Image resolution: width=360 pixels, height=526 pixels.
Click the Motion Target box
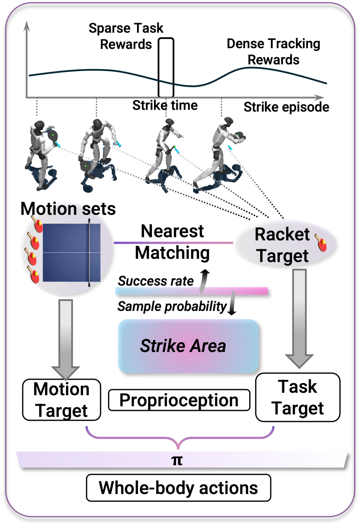point(62,400)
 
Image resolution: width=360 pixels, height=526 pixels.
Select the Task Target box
point(298,397)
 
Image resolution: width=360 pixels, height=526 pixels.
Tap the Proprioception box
point(179,400)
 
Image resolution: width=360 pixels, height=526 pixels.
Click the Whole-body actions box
point(178,488)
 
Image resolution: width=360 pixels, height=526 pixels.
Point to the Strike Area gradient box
point(188,346)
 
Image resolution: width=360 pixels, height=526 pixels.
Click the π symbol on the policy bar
point(177,461)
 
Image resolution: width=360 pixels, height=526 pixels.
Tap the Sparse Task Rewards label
point(126,36)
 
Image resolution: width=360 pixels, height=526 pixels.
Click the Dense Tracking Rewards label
point(273,52)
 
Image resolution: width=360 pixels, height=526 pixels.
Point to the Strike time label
point(165,105)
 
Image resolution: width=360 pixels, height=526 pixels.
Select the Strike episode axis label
point(286,107)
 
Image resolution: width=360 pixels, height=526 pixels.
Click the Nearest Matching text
point(172,242)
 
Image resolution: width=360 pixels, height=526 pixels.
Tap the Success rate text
point(156,281)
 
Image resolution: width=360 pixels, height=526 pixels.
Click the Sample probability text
point(172,307)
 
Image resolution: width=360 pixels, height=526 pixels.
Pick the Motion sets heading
point(68,209)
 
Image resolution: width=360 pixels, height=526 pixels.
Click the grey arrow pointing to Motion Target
point(66,337)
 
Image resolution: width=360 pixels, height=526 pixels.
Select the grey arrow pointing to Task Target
point(299,317)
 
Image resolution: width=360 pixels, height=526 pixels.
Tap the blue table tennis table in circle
point(71,252)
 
